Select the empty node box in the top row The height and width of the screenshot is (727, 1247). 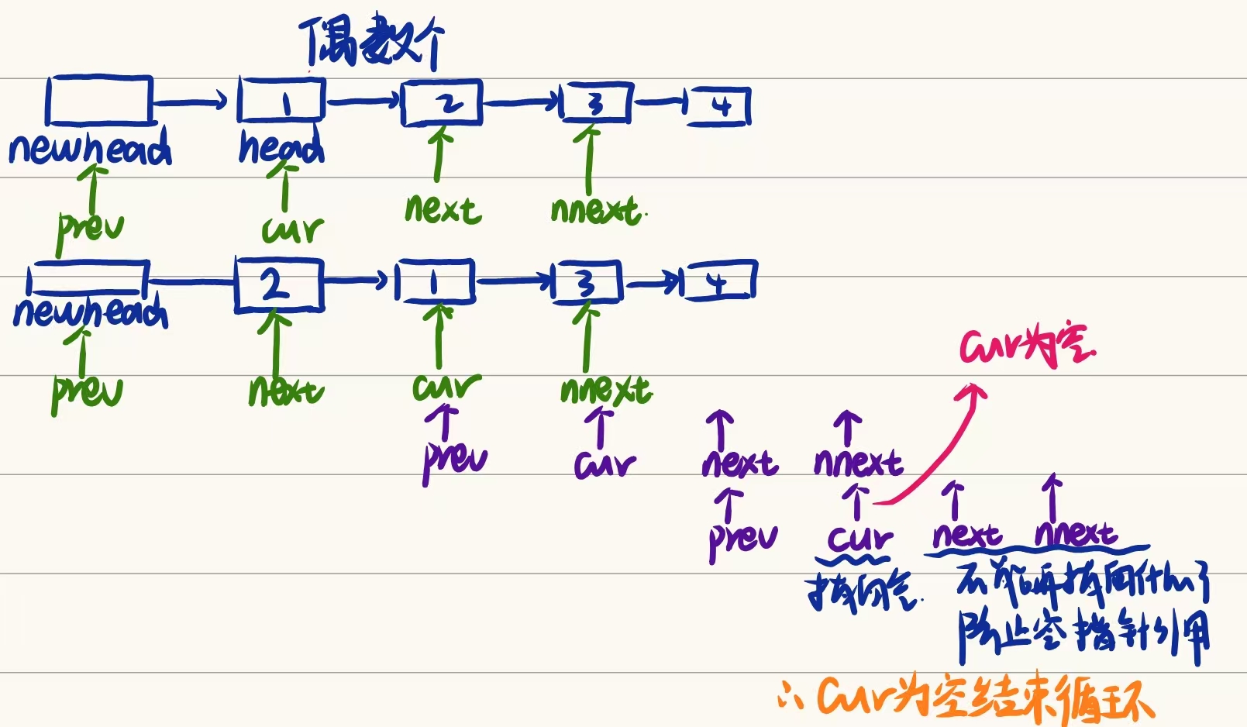click(x=98, y=100)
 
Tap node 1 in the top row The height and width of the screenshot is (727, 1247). click(x=281, y=101)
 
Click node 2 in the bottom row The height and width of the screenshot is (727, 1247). click(x=278, y=286)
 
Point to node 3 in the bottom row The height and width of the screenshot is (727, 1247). click(x=587, y=283)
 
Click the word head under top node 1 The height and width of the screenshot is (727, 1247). click(x=281, y=147)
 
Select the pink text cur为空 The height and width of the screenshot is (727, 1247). click(x=1027, y=346)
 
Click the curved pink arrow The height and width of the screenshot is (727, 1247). click(x=934, y=450)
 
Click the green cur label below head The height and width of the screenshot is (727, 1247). click(x=292, y=229)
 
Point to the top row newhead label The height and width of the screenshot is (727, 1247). click(x=90, y=147)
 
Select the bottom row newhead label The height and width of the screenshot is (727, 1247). click(x=90, y=312)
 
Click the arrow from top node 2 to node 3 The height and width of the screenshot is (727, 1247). click(x=521, y=102)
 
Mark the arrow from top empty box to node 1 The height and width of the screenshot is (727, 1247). click(x=191, y=101)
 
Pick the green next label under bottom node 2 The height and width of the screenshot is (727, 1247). click(x=285, y=391)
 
